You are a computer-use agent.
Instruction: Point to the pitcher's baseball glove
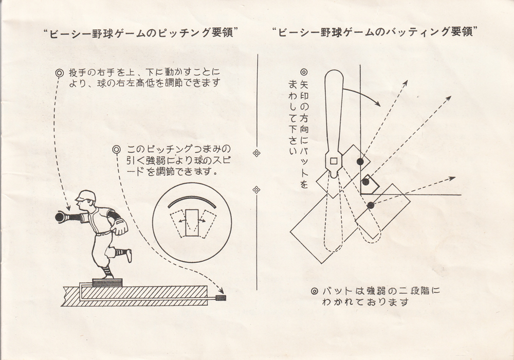(120, 226)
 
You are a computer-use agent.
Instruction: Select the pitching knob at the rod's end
(221, 298)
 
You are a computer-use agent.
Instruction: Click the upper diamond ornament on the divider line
(256, 153)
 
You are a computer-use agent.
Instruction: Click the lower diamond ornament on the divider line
(256, 190)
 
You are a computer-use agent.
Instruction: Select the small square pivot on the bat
(333, 161)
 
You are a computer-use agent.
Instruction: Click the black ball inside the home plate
(366, 182)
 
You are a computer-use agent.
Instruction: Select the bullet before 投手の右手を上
(60, 73)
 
